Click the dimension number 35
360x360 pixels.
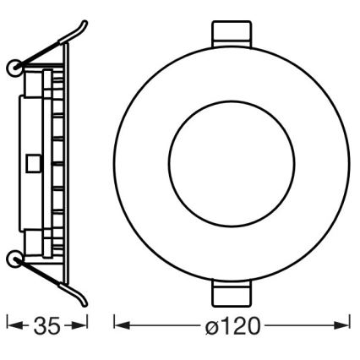[47, 325]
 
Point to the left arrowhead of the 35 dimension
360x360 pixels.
[14, 325]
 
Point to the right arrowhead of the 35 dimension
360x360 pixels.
[82, 325]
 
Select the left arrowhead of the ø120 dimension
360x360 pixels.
[121, 325]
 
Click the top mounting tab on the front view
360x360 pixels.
[231, 35]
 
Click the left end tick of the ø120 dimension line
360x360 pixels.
[115, 325]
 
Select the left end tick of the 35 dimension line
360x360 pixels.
[8, 325]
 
